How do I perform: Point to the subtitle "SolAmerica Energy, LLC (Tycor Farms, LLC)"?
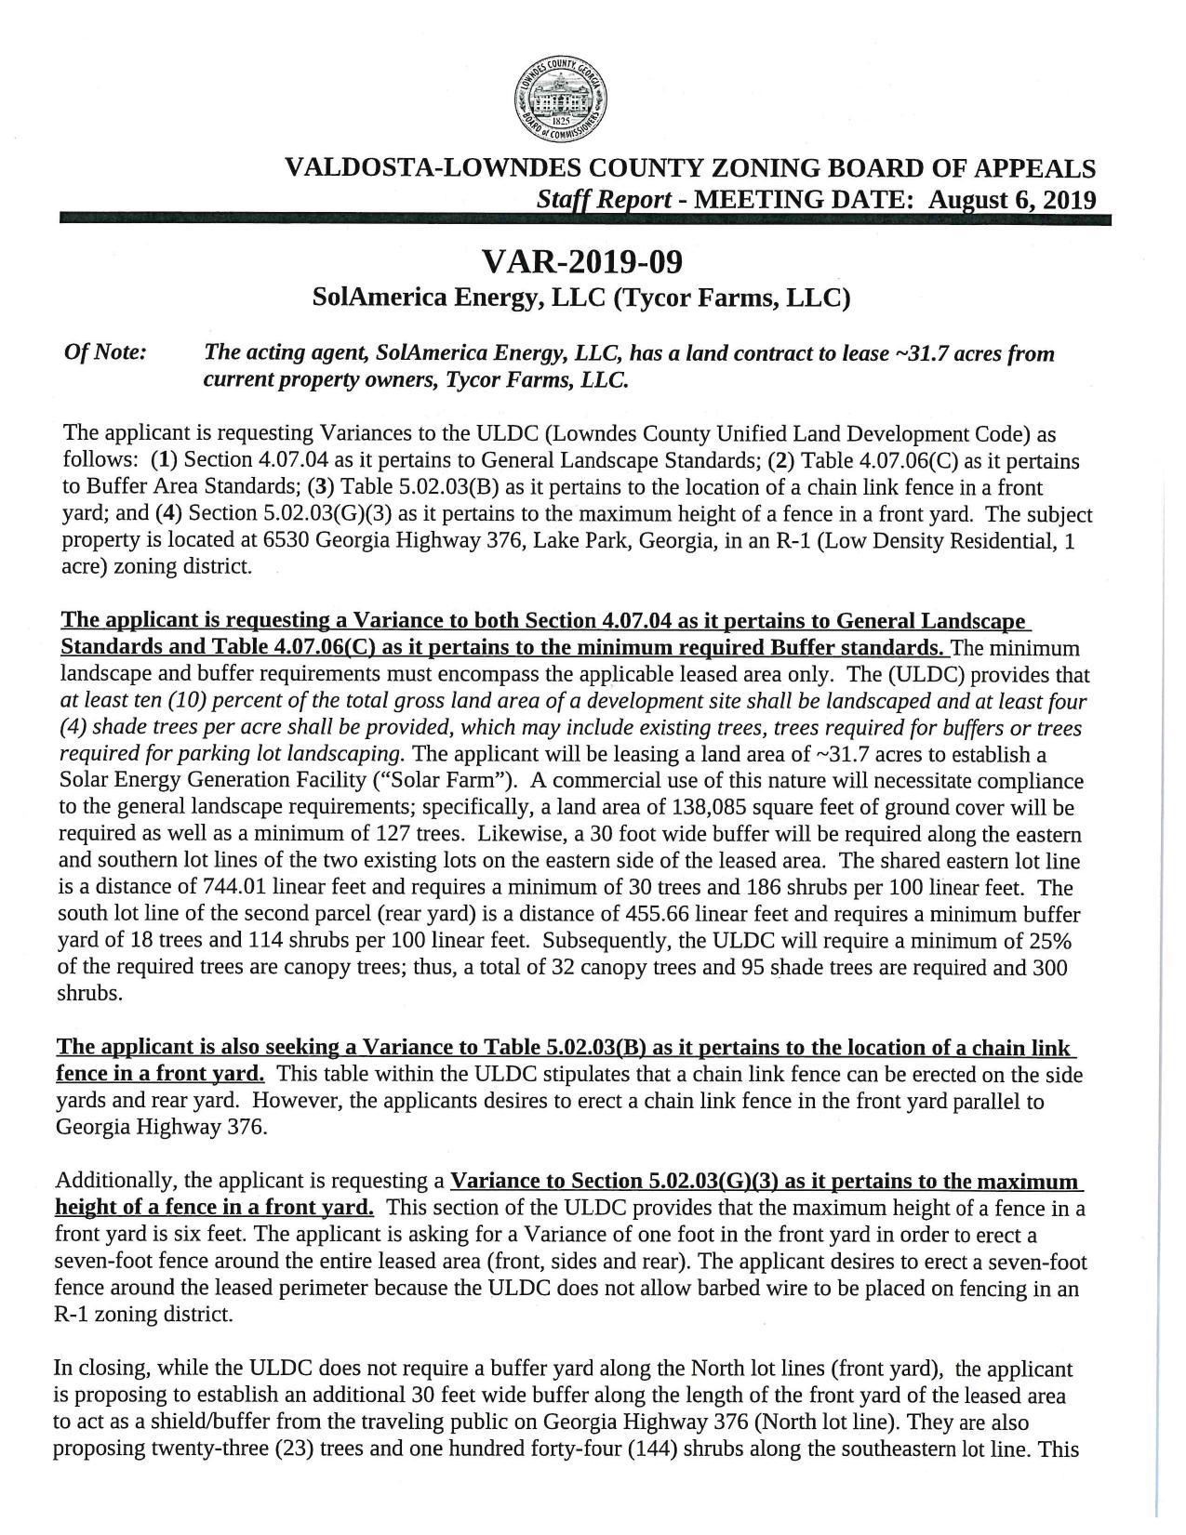tap(581, 298)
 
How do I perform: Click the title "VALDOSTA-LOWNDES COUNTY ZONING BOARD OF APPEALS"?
tap(689, 168)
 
